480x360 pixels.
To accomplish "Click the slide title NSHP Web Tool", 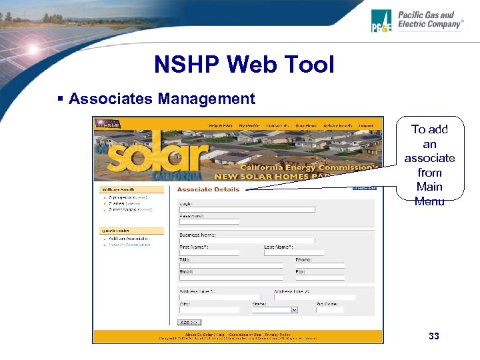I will tap(243, 65).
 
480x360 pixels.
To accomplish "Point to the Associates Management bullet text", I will tap(161, 99).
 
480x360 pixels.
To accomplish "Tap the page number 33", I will tap(434, 336).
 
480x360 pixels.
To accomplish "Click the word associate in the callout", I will tap(429, 158).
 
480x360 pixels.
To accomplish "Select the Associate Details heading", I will tap(208, 189).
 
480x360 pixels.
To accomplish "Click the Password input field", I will tap(209, 221).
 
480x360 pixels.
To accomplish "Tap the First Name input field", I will tap(209, 253).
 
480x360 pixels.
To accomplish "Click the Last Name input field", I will tap(294, 253).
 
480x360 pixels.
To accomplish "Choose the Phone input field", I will tap(320, 265).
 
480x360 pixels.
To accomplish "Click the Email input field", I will tap(231, 277).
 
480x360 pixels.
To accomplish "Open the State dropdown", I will tap(275, 309).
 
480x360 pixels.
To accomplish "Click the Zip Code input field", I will tap(331, 309).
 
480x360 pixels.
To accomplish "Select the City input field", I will tap(209, 309).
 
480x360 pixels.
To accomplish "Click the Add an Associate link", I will tap(127, 238).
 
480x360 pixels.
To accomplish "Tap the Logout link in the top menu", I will tap(366, 125).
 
